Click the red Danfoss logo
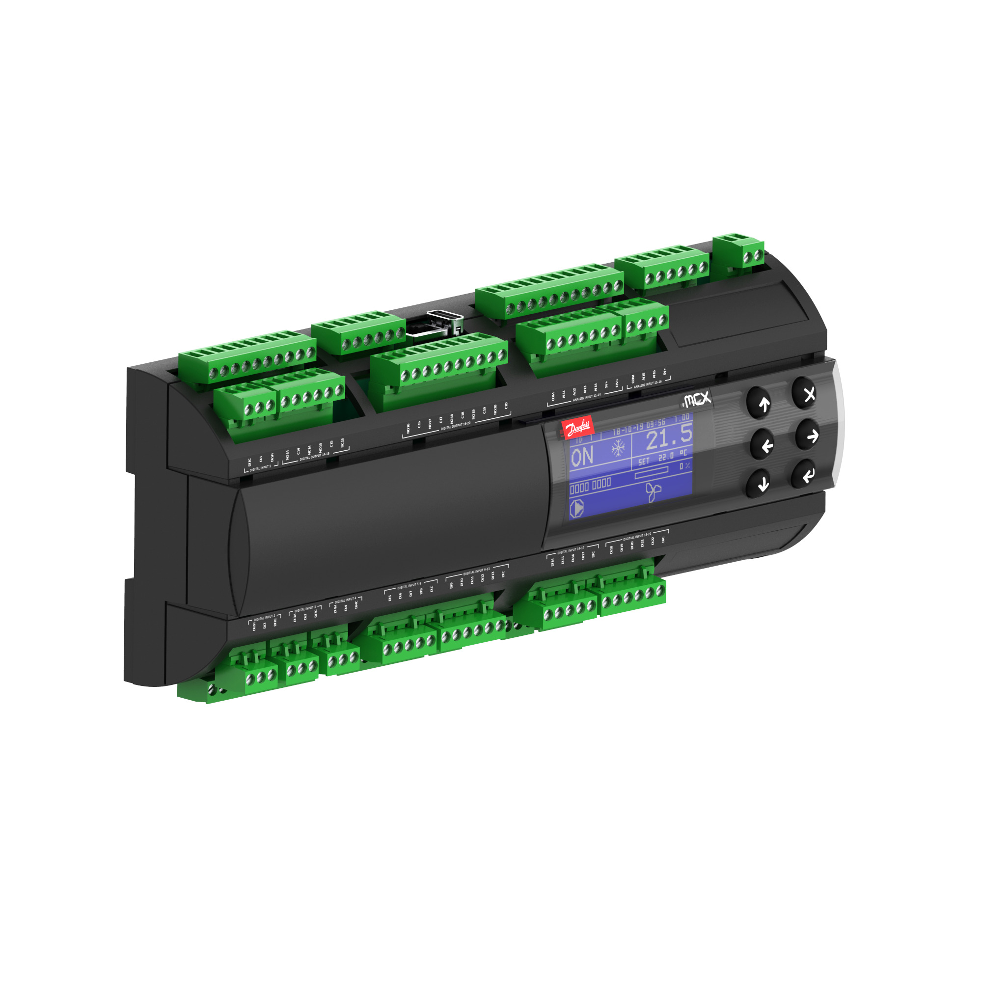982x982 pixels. click(x=578, y=429)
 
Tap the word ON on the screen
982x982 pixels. click(x=582, y=457)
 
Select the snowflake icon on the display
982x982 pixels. click(x=618, y=448)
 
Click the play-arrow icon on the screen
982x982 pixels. click(x=577, y=508)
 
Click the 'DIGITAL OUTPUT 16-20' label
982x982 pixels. click(x=456, y=425)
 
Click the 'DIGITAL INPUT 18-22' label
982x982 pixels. click(x=637, y=536)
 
